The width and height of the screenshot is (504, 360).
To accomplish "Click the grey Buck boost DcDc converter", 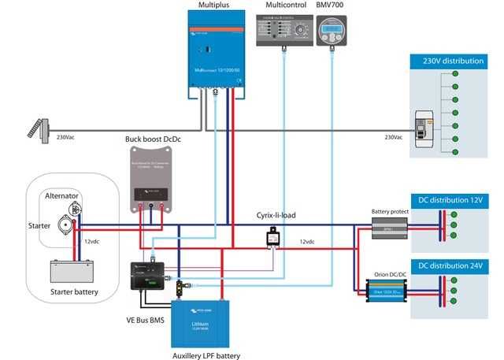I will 150,180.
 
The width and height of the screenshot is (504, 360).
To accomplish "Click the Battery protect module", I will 392,229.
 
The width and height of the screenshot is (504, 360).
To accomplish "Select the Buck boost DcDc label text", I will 154,139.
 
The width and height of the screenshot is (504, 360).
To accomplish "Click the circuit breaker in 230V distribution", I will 426,130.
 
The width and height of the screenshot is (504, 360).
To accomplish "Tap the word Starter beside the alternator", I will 39,225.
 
